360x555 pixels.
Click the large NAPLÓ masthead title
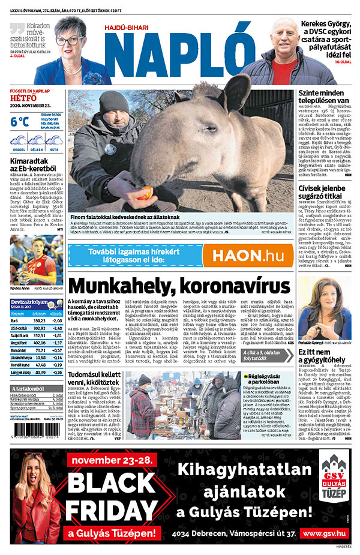click(180, 56)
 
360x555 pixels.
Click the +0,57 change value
click(57, 349)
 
